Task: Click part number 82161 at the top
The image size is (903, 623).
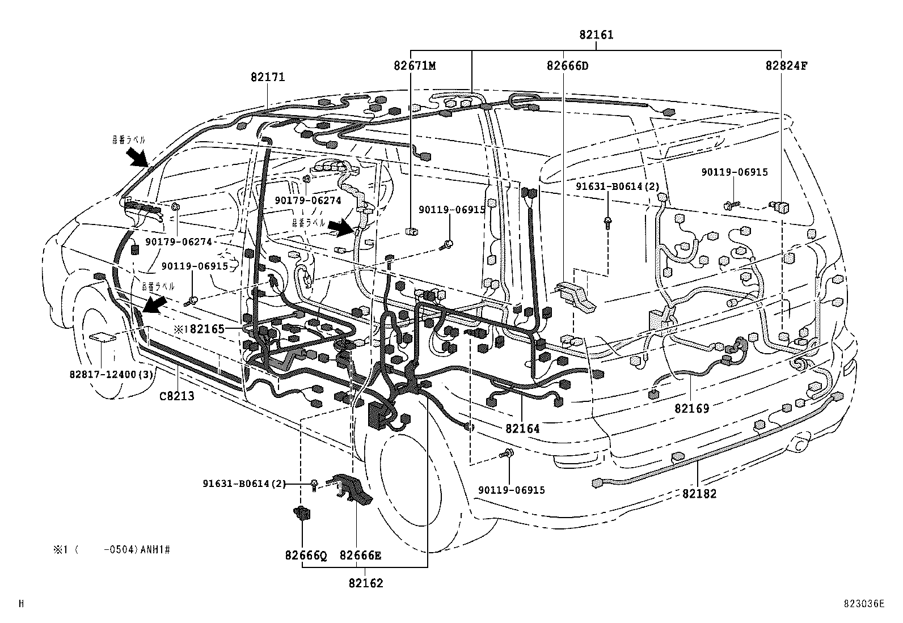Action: pyautogui.click(x=596, y=35)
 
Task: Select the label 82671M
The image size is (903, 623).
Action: pyautogui.click(x=415, y=66)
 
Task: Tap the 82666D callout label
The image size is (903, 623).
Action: pyautogui.click(x=567, y=66)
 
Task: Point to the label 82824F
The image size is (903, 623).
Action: pyautogui.click(x=786, y=66)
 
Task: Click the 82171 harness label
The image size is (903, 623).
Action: pyautogui.click(x=268, y=77)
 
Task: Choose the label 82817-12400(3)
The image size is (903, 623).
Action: pyautogui.click(x=108, y=375)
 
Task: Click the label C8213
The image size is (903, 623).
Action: pyautogui.click(x=176, y=396)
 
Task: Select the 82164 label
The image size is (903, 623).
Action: pyautogui.click(x=522, y=429)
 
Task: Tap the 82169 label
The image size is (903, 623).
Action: pyautogui.click(x=691, y=408)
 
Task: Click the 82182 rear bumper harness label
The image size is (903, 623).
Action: pyautogui.click(x=699, y=494)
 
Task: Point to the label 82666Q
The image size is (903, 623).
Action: pyautogui.click(x=306, y=556)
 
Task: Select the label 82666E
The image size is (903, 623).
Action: pyautogui.click(x=360, y=556)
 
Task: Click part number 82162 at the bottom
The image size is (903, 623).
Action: pyautogui.click(x=366, y=583)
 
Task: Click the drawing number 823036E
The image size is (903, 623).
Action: pyautogui.click(x=863, y=604)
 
